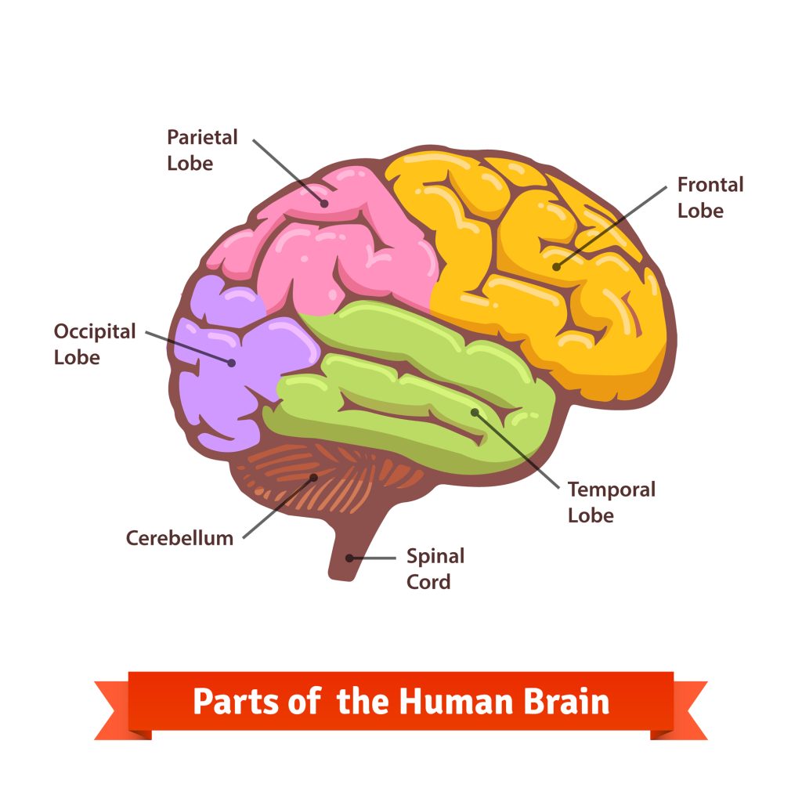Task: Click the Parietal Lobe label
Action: (x=202, y=150)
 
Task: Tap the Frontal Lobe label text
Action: (x=710, y=197)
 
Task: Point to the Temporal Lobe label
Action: (x=611, y=502)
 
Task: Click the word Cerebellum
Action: (x=179, y=538)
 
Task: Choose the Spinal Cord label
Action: (x=435, y=569)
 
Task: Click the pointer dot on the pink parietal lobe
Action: (x=323, y=202)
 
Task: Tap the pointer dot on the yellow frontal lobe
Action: (x=556, y=267)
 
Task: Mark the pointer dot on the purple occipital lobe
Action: (x=232, y=362)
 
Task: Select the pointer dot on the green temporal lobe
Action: (x=474, y=411)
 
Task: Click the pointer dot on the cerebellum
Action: (x=313, y=476)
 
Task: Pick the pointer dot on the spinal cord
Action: (x=349, y=558)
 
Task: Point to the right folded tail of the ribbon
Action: (x=686, y=710)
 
